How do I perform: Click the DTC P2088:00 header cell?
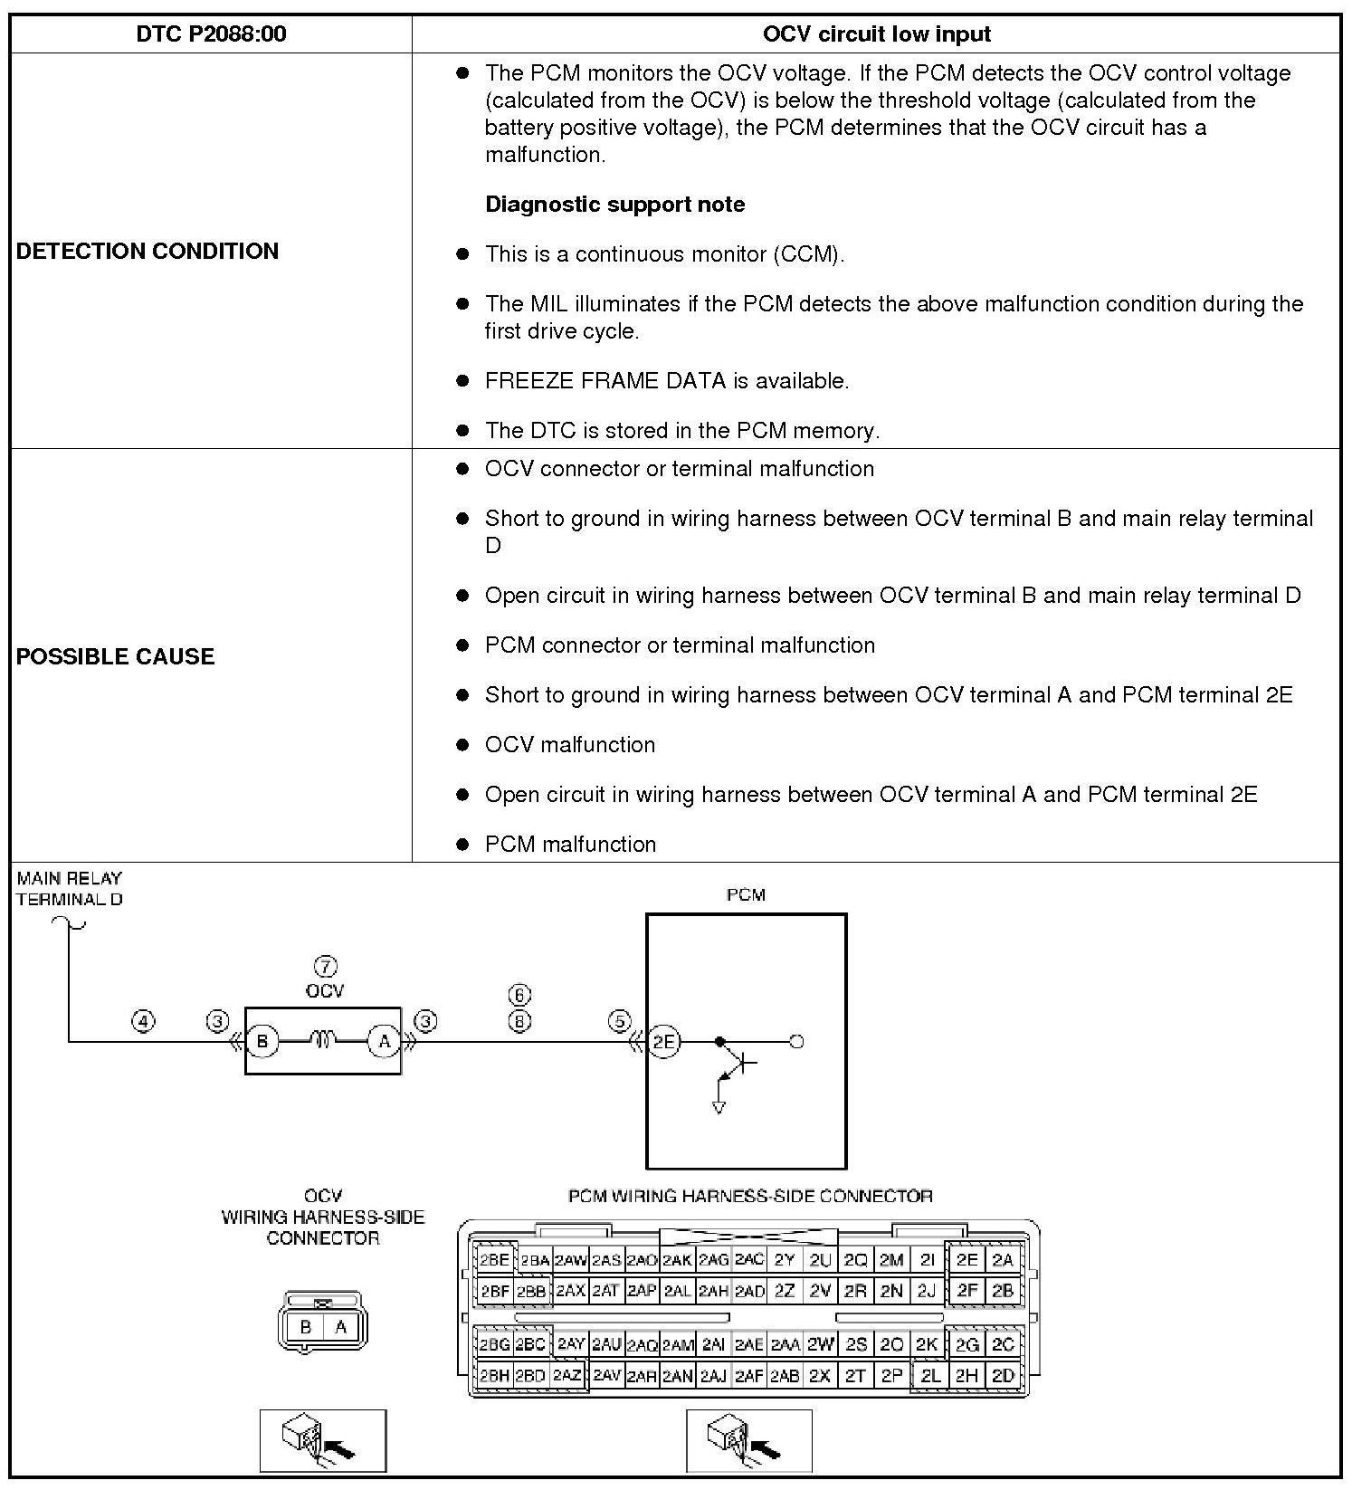click(x=211, y=34)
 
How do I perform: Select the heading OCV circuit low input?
click(x=876, y=34)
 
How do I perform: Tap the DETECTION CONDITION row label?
click(x=148, y=251)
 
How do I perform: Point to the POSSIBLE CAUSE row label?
click(x=116, y=656)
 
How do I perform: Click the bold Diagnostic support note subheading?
click(x=614, y=204)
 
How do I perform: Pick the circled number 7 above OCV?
click(x=325, y=966)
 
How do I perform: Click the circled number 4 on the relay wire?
click(x=143, y=1021)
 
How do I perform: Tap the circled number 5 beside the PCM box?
click(x=619, y=1021)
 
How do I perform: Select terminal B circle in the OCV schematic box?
click(x=262, y=1041)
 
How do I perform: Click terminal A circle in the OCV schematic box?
click(x=384, y=1041)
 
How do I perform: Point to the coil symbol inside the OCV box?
click(x=323, y=1040)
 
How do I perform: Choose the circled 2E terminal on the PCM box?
click(x=665, y=1041)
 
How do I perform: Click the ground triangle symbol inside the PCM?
click(x=719, y=1107)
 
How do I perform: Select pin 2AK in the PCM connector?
click(x=677, y=1259)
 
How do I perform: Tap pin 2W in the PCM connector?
click(x=820, y=1344)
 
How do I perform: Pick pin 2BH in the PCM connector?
click(x=494, y=1376)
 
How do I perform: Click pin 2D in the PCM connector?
click(x=1002, y=1376)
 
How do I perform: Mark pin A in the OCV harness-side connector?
click(x=341, y=1327)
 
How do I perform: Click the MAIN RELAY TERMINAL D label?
click(x=70, y=888)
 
